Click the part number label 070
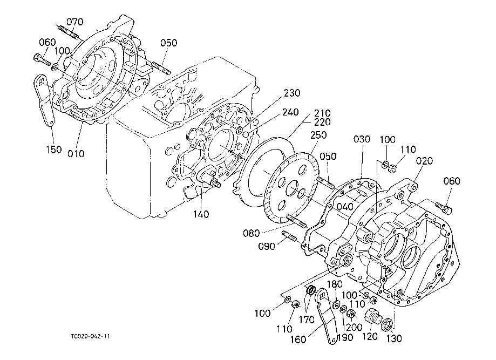75,22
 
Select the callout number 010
76,154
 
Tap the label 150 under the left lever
54,150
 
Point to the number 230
291,93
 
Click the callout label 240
290,112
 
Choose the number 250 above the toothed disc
318,135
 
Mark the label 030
362,139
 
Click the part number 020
424,161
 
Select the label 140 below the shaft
201,214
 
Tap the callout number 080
252,233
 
